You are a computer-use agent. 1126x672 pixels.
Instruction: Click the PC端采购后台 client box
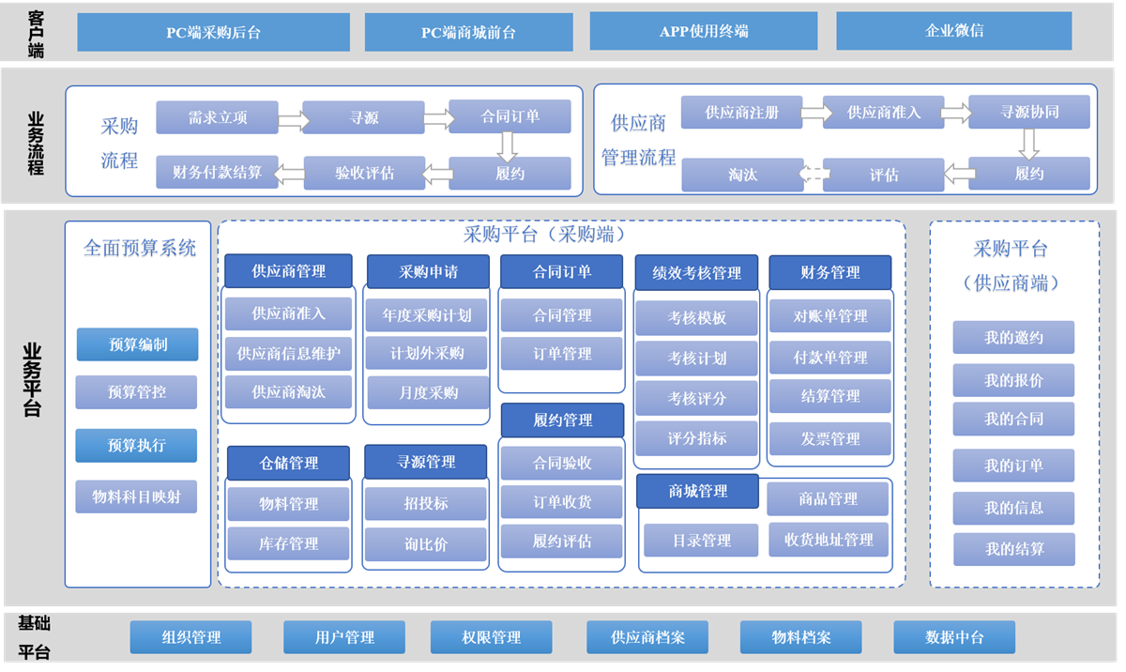click(213, 32)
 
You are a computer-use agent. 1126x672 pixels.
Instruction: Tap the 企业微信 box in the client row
click(953, 31)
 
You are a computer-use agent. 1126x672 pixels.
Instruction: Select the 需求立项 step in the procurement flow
click(217, 117)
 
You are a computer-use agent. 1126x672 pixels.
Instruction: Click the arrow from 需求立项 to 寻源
click(291, 119)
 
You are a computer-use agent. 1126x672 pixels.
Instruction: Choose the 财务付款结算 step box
click(217, 173)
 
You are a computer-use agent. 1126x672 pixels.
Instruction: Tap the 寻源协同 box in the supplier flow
click(1028, 113)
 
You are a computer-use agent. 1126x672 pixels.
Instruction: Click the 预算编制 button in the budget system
click(137, 344)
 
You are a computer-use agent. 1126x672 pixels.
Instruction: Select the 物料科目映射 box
click(136, 496)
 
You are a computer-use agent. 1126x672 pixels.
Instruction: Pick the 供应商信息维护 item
click(288, 354)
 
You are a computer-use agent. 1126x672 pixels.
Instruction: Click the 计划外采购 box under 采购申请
click(427, 354)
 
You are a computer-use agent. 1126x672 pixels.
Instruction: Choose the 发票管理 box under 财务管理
click(830, 438)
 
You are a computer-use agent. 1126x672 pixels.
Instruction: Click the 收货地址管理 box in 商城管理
click(828, 540)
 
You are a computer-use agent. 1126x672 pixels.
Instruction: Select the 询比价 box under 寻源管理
click(425, 543)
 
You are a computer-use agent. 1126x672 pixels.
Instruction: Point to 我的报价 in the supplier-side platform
click(1013, 380)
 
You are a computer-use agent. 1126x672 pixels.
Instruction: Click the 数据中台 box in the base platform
click(953, 638)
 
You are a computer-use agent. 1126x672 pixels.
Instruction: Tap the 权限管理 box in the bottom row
click(491, 638)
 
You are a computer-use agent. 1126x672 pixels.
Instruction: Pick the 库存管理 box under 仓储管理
click(288, 543)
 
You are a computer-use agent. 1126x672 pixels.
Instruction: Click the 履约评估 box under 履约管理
click(561, 542)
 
